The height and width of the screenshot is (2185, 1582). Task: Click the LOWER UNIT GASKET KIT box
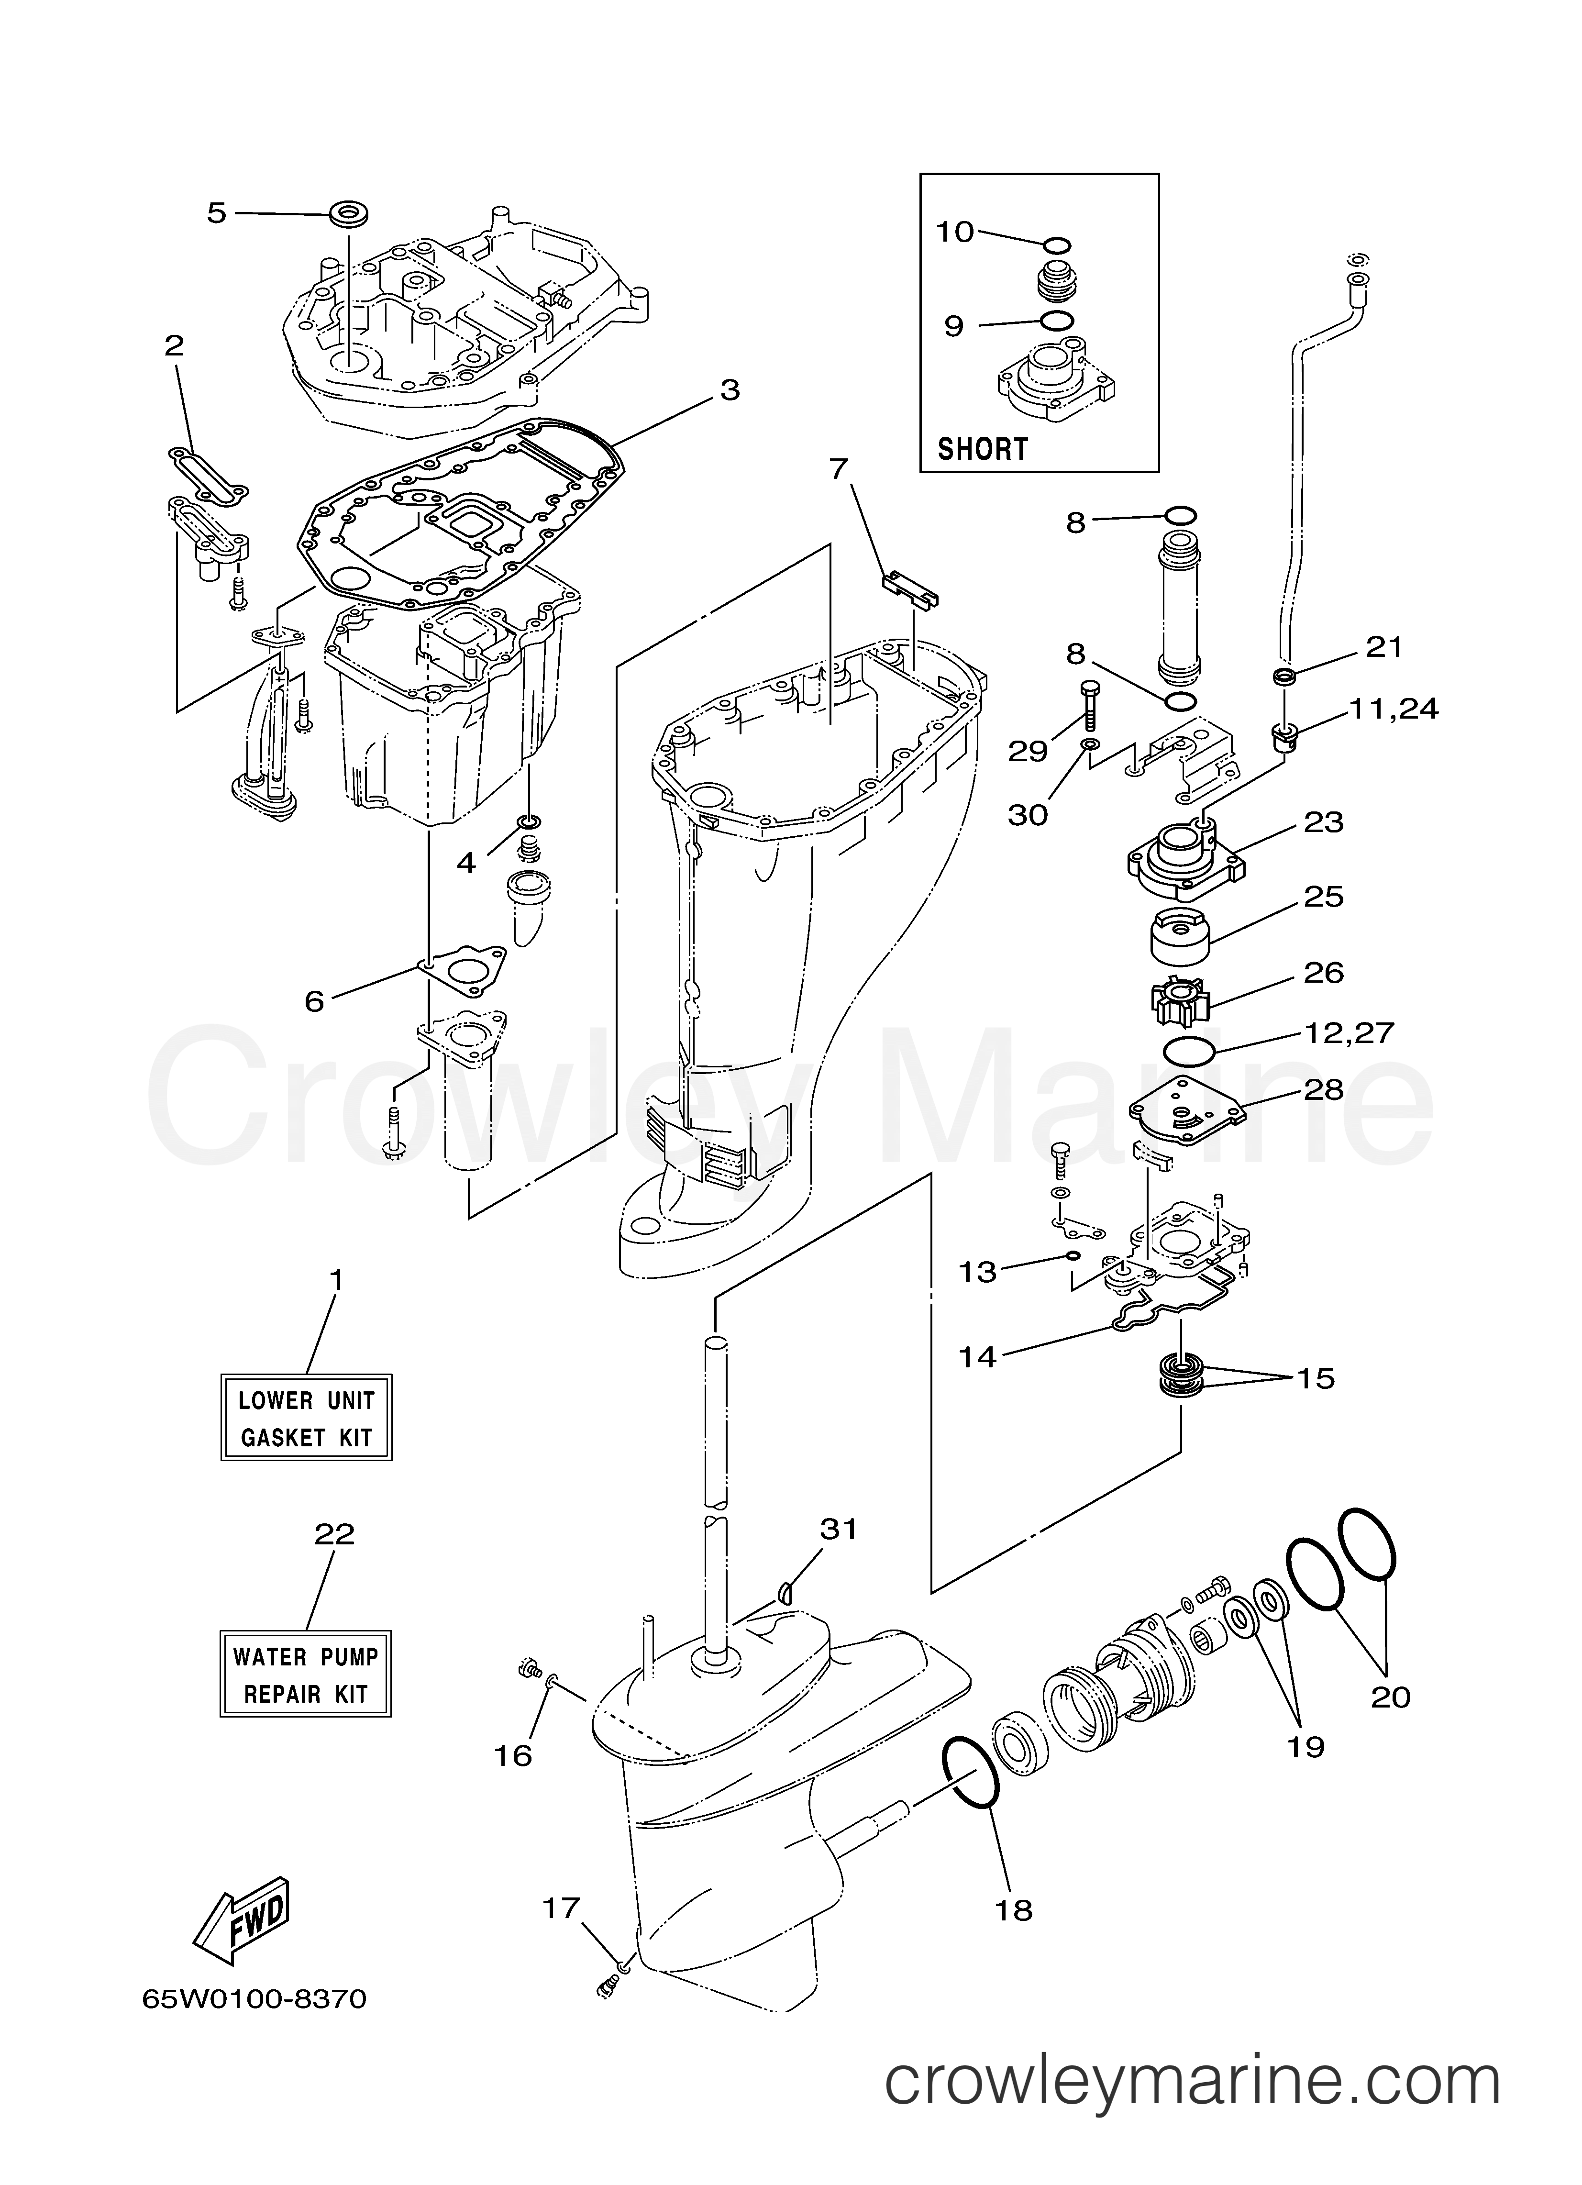(x=306, y=1418)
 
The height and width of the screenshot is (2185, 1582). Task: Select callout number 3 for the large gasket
(x=730, y=390)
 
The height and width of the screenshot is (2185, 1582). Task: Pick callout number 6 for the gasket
(x=314, y=1001)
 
